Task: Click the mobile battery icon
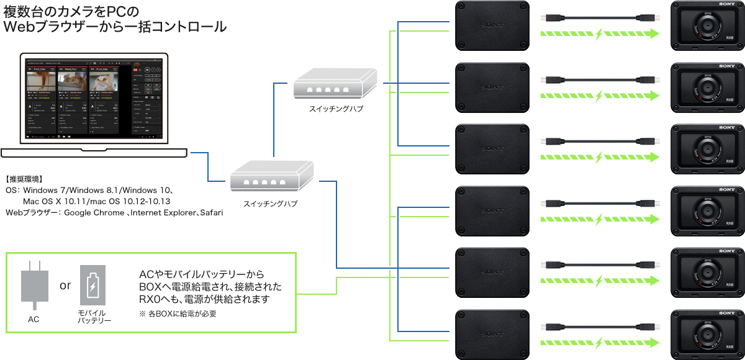(93, 286)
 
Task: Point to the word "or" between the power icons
(65, 286)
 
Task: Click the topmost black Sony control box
(492, 25)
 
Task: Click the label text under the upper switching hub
(336, 109)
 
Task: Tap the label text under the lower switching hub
(273, 202)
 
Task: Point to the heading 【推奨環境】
(24, 179)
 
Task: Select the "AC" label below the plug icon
(34, 319)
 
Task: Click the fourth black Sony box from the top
(492, 210)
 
